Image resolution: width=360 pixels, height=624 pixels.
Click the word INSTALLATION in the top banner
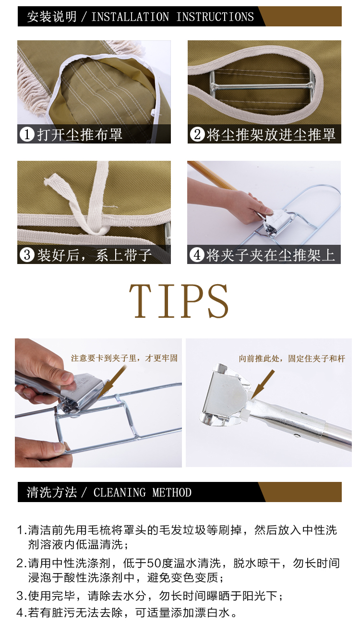pos(130,17)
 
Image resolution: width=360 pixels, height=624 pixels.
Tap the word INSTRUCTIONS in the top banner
pos(215,17)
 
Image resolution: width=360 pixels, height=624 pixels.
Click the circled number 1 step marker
pos(27,134)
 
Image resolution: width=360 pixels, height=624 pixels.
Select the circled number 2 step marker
pos(197,134)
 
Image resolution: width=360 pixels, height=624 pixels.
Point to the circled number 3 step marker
pos(27,255)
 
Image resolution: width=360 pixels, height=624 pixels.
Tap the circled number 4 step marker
pos(197,255)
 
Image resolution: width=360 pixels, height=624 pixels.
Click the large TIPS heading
pos(179,301)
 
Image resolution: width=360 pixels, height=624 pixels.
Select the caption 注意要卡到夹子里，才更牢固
pos(124,358)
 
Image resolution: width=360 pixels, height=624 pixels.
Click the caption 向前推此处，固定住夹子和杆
pos(292,359)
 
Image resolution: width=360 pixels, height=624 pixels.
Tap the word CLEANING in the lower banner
pos(119,492)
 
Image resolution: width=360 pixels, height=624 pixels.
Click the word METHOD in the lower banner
pos(172,492)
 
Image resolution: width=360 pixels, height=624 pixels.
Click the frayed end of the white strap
pos(49,180)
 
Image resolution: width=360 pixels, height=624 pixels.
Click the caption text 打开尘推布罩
pos(80,134)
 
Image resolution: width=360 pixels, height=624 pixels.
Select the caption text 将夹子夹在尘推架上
pos(270,255)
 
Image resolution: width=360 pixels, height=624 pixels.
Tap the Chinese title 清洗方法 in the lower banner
pos(51,492)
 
